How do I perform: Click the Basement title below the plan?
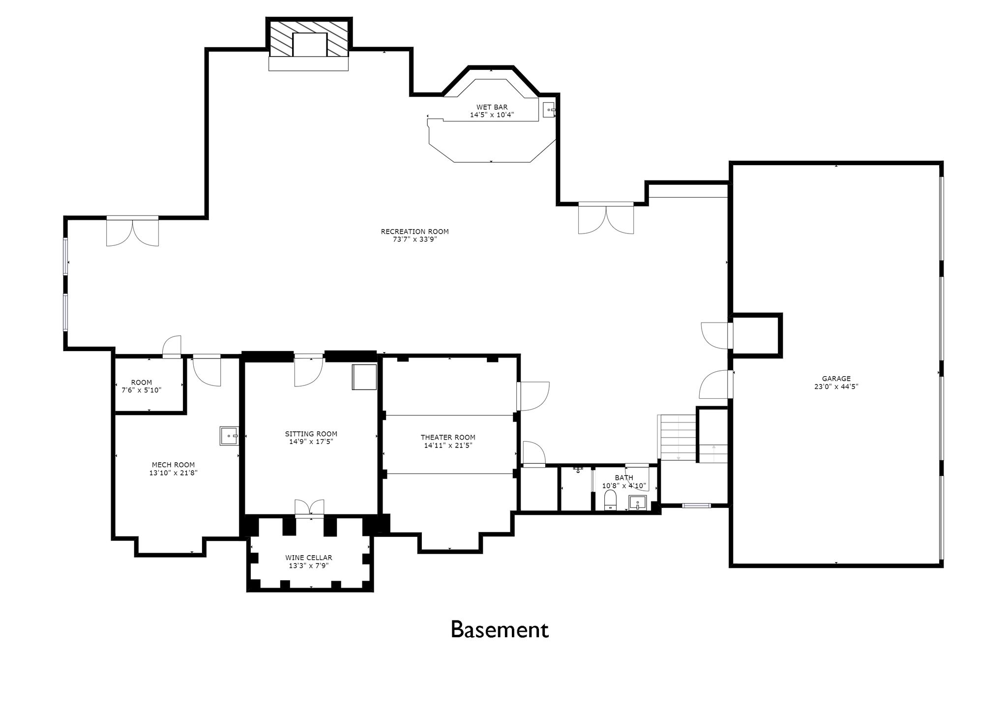500,629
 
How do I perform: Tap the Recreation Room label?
415,232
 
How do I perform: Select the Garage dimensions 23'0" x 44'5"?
836,386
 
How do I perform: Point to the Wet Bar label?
492,107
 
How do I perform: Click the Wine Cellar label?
309,558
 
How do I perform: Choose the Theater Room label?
448,437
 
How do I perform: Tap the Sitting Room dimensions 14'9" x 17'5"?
311,442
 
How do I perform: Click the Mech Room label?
173,465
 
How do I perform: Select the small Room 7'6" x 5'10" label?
142,382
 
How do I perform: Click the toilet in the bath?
610,500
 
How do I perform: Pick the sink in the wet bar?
549,110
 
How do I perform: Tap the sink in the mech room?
229,436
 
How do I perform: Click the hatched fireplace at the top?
309,38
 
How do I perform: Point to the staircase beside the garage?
678,438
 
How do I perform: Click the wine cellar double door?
310,508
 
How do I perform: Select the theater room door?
533,396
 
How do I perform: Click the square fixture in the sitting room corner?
364,377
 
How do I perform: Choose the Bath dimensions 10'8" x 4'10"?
624,486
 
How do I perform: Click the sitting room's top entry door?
308,370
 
